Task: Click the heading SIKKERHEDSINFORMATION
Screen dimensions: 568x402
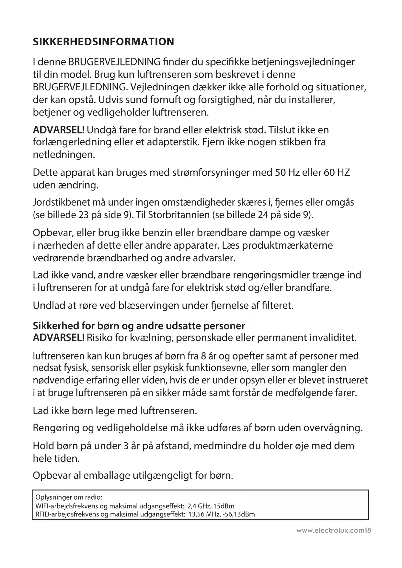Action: [103, 42]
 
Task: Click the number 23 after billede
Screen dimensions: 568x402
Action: [84, 215]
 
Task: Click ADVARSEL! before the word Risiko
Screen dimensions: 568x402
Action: [59, 338]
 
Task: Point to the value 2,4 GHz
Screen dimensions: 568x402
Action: [198, 506]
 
